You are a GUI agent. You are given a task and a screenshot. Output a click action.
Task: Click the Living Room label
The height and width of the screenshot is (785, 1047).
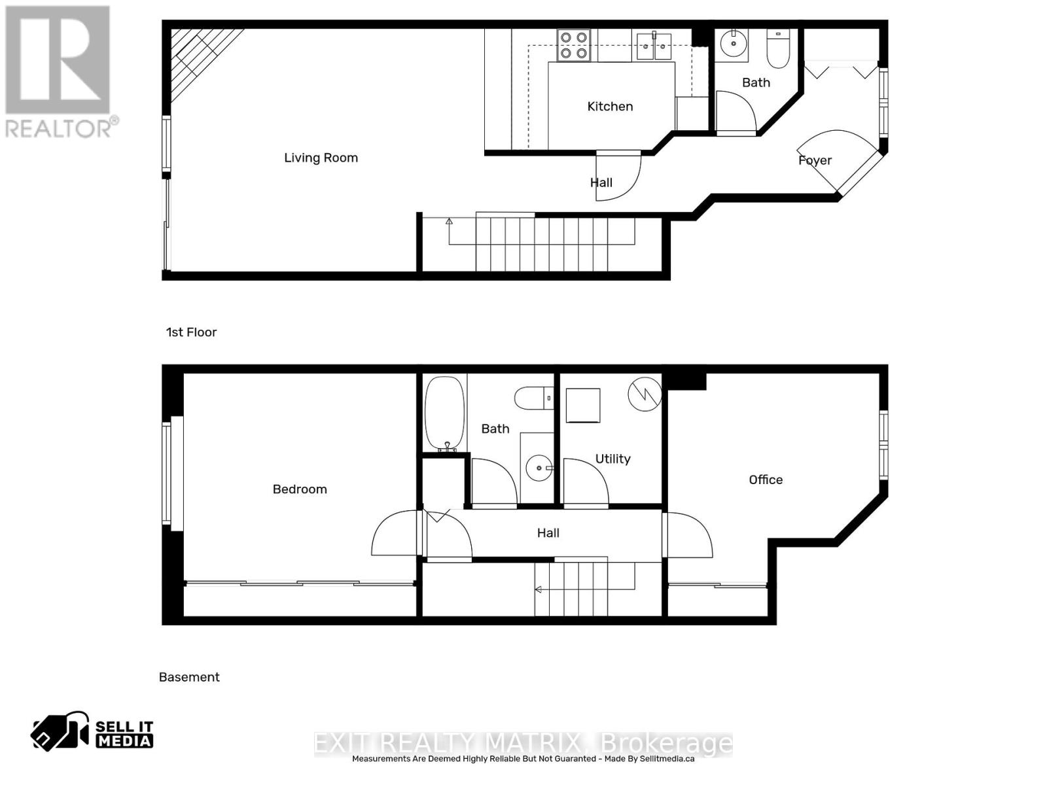pos(321,158)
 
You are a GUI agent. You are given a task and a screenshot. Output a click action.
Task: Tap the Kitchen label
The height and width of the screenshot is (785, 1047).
pos(610,106)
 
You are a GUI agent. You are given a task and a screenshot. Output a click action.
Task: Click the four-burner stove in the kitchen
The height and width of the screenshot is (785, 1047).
pos(573,45)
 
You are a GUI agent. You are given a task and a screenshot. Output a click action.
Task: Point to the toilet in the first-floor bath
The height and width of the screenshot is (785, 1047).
pos(778,49)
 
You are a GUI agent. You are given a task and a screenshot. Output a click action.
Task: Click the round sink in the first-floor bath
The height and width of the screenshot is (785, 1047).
pos(734,44)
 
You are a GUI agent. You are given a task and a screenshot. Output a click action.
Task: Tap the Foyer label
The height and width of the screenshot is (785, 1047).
pos(815,160)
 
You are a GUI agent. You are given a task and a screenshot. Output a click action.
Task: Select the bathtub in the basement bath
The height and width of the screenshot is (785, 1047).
pos(444,413)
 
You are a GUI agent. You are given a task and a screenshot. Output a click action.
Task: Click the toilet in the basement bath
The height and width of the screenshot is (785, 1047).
pos(534,398)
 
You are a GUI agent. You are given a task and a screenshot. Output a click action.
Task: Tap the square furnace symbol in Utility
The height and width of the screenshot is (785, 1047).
pos(582,406)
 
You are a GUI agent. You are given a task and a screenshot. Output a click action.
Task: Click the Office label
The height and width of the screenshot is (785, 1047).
pos(766,480)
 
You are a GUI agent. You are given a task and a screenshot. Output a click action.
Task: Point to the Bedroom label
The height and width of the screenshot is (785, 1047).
pos(300,489)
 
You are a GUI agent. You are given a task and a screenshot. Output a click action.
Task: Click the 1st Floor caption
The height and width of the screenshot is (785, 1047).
pos(191,332)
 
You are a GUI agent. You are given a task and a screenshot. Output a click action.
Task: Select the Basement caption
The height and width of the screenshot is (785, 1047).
pos(189,677)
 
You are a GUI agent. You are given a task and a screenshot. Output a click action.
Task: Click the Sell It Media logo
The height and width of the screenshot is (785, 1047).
pos(92,732)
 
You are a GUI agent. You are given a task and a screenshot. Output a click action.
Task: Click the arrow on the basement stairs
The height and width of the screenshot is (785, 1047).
pos(539,590)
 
